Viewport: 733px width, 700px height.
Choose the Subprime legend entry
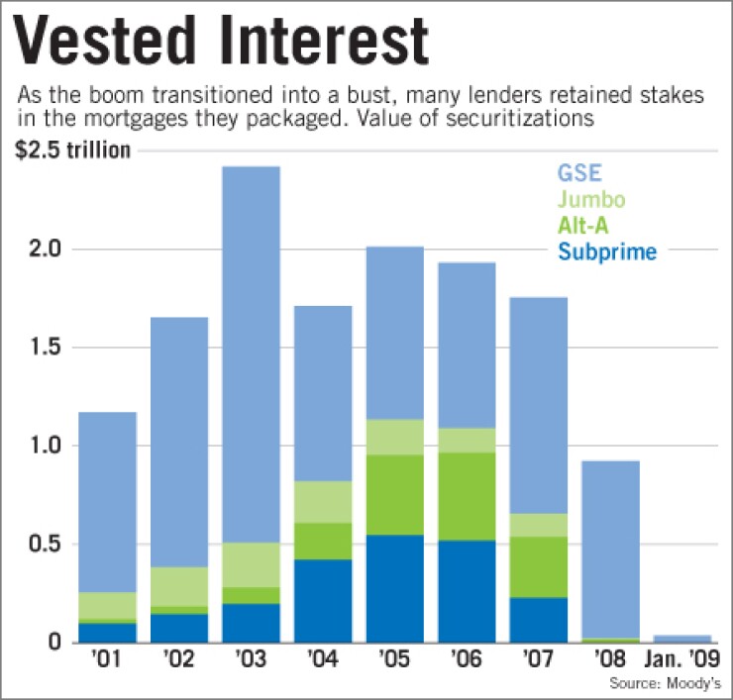(607, 251)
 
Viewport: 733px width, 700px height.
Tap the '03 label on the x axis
(251, 659)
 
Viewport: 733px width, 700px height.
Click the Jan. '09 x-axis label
(681, 659)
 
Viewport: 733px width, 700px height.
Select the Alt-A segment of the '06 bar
(467, 496)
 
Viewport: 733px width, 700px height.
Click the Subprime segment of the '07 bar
(538, 619)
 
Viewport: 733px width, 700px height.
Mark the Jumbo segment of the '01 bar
(107, 605)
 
